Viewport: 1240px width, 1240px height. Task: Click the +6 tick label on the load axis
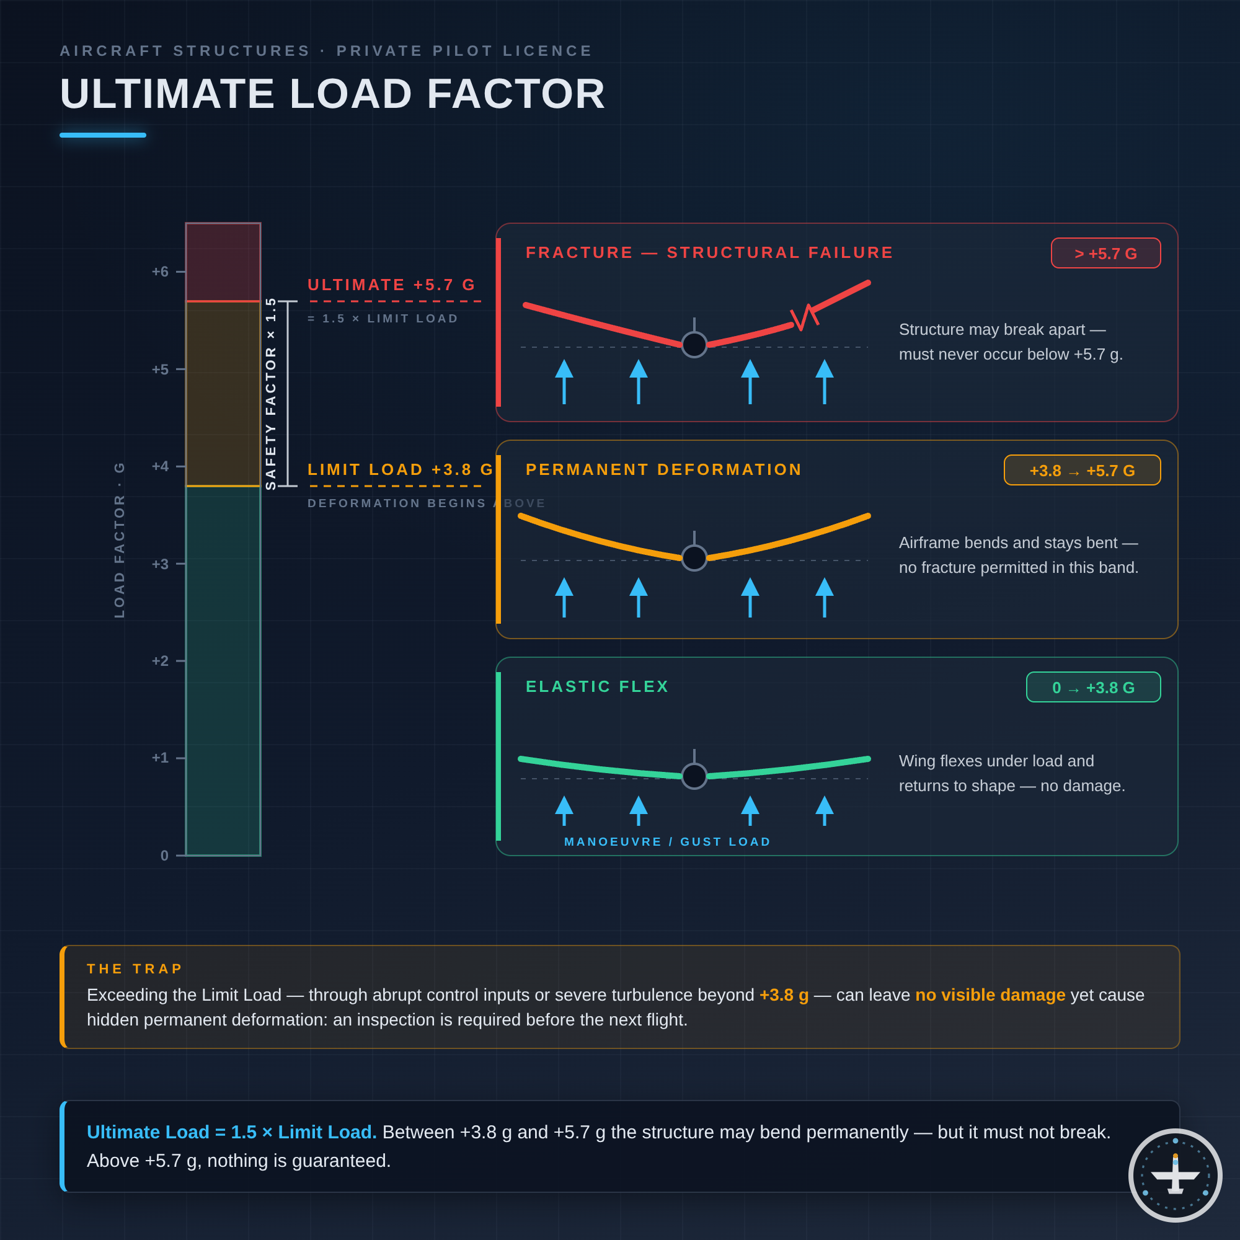pos(160,272)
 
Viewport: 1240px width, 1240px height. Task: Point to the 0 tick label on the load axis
pos(164,856)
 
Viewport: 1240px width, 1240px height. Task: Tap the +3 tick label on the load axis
pos(160,564)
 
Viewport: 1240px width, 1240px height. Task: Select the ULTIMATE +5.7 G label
pos(391,285)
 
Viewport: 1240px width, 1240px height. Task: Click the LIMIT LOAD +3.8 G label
pos(401,469)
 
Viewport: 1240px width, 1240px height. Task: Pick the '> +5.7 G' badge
pos(1106,253)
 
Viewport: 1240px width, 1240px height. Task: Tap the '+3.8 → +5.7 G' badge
pos(1082,470)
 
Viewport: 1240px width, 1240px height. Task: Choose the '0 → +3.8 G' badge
pos(1094,687)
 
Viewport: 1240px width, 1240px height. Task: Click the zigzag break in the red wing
pos(804,317)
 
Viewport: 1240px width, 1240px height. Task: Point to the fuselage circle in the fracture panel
pos(694,345)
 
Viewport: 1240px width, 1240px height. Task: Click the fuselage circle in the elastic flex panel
pos(694,776)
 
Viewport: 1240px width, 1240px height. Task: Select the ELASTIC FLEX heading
pos(597,686)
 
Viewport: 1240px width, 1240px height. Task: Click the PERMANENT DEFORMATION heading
pos(663,469)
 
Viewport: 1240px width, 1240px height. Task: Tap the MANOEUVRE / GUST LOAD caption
pos(668,841)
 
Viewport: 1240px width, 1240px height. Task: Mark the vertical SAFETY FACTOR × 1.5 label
pos(271,394)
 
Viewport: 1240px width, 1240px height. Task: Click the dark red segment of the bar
pos(223,262)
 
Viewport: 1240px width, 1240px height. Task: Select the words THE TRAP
pos(135,968)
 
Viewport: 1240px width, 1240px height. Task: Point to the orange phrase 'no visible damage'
pos(990,995)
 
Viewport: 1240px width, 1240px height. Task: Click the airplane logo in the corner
pos(1175,1175)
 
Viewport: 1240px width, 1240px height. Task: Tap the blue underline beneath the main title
pos(103,135)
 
